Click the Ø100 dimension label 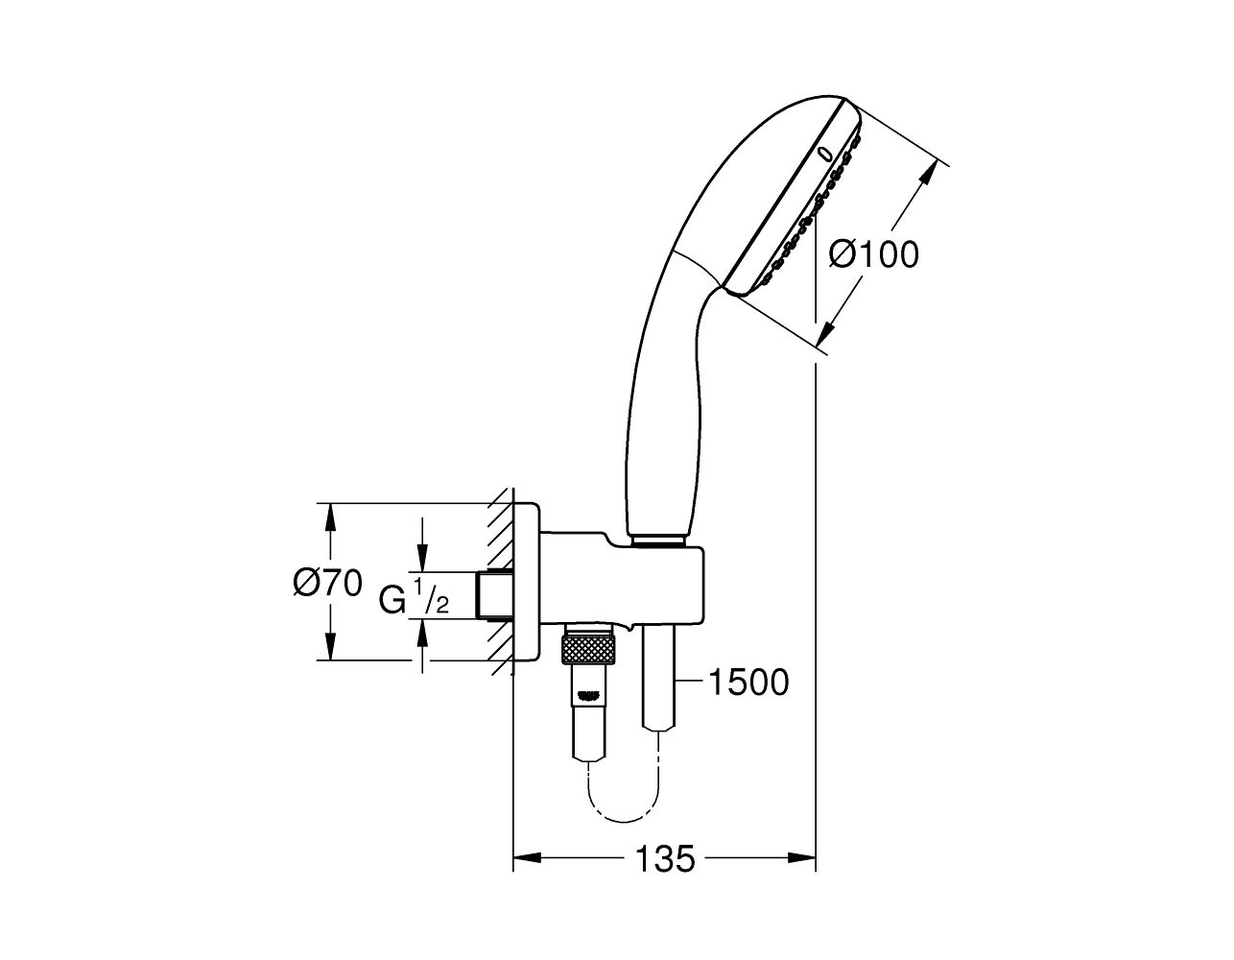click(x=873, y=253)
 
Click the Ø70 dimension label click(x=327, y=583)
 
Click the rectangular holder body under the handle click(x=624, y=585)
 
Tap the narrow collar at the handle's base click(x=657, y=540)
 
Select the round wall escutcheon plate click(x=527, y=582)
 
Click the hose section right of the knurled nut click(x=658, y=676)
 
